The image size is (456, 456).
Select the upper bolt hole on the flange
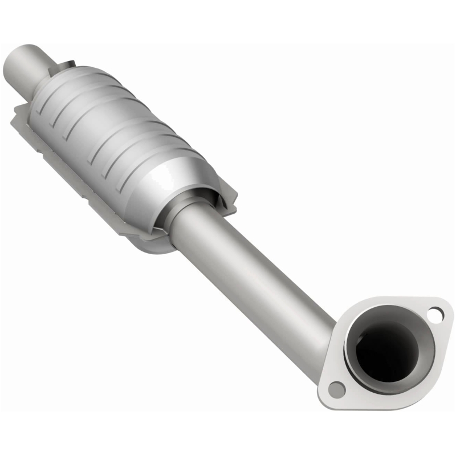pos(434,313)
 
